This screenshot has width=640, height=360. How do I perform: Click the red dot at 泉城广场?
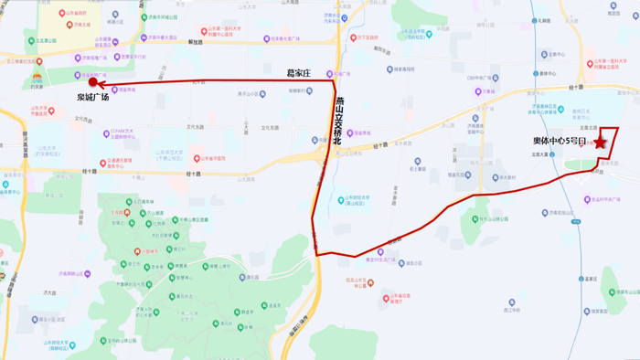[x=92, y=82]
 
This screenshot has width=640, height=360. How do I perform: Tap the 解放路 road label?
[x=194, y=41]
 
